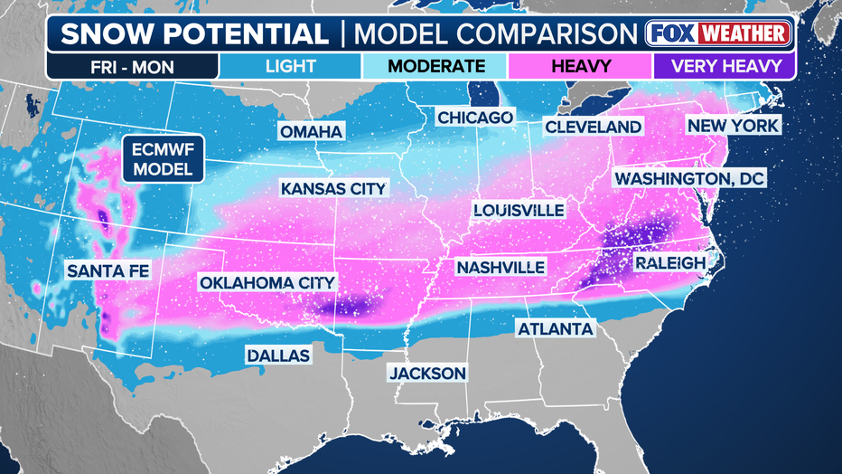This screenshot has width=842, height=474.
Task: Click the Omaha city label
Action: click(311, 132)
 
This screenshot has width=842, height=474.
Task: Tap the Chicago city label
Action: click(475, 118)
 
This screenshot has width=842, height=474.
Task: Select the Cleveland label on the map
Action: click(593, 128)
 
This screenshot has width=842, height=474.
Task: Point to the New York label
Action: click(733, 126)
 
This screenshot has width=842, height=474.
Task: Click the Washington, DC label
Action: click(689, 179)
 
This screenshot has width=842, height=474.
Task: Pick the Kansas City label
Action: click(333, 189)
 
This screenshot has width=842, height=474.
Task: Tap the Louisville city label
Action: click(519, 211)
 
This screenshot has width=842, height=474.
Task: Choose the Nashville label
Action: click(501, 268)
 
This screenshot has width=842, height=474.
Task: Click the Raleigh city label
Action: click(669, 262)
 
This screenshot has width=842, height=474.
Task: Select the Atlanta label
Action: click(556, 328)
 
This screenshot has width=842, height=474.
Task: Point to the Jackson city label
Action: click(427, 373)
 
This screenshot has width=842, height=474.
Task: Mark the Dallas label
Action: click(278, 355)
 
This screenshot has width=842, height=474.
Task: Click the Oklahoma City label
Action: click(267, 283)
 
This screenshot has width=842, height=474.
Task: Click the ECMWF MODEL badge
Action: click(164, 159)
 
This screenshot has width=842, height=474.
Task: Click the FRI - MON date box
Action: click(133, 66)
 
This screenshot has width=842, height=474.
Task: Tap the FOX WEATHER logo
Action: click(719, 33)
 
